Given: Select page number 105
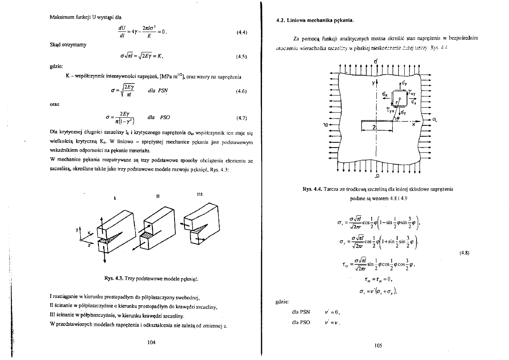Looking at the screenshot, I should (x=377, y=345).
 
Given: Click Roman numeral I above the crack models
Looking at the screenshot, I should (x=115, y=198).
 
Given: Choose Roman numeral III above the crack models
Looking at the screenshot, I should (x=199, y=194).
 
